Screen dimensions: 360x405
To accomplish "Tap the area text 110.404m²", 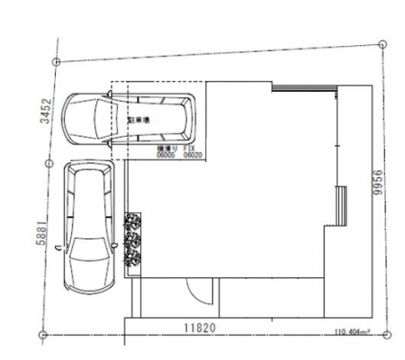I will click(x=352, y=331).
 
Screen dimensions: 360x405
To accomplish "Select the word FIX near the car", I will click(x=190, y=147).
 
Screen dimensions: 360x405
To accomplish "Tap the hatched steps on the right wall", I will click(x=341, y=204).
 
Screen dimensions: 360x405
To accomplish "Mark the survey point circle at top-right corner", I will click(x=383, y=40).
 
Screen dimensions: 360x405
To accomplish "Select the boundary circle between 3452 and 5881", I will click(x=47, y=164).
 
